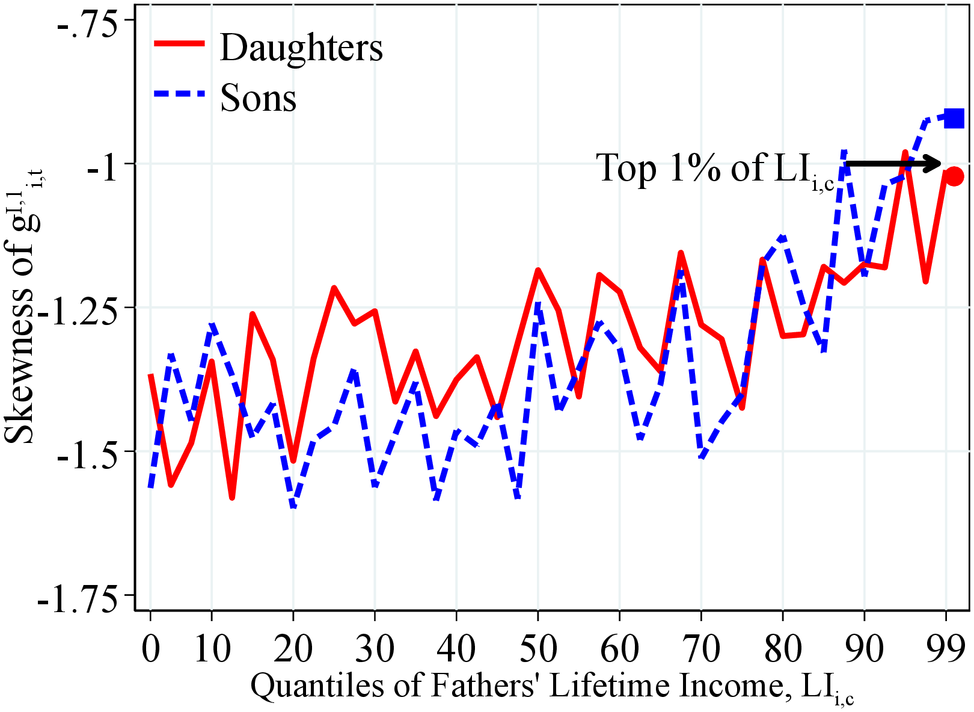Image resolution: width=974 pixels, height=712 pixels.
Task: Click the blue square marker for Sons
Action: (954, 118)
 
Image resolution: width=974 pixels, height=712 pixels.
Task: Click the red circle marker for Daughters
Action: (954, 176)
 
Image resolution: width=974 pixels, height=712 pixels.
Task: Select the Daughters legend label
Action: (301, 48)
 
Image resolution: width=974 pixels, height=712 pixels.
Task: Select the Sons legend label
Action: (259, 98)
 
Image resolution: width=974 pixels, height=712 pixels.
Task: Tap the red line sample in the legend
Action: (180, 43)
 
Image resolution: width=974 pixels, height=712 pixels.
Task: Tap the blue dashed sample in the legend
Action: (180, 94)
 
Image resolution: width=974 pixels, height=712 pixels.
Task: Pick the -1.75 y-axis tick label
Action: (78, 602)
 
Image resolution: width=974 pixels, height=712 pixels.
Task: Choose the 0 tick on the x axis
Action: (150, 649)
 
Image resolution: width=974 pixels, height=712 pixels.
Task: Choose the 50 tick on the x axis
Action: (538, 649)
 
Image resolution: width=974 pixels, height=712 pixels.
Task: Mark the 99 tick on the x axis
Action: (946, 649)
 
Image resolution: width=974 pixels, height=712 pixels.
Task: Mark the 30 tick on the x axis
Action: (375, 649)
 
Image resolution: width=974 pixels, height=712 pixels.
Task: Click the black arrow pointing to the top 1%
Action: (893, 163)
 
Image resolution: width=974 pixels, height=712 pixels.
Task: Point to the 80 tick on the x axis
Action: (783, 649)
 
